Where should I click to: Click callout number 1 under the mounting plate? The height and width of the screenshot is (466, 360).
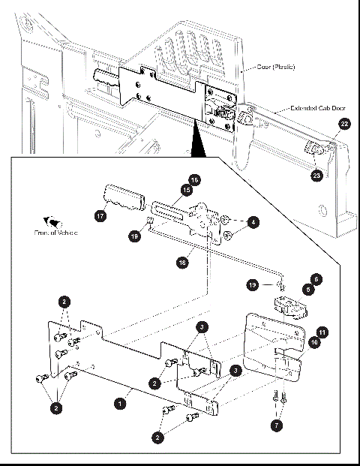coord(118,403)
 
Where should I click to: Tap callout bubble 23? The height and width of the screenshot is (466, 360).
coord(317,175)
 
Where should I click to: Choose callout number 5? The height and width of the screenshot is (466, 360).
coord(307,288)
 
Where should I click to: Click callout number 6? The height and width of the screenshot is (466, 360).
coord(316,278)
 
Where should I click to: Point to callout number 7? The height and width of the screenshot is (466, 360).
coord(277,425)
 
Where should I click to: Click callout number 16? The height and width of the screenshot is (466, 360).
coord(194,180)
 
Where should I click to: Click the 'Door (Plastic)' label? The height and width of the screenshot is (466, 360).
coord(275,68)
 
